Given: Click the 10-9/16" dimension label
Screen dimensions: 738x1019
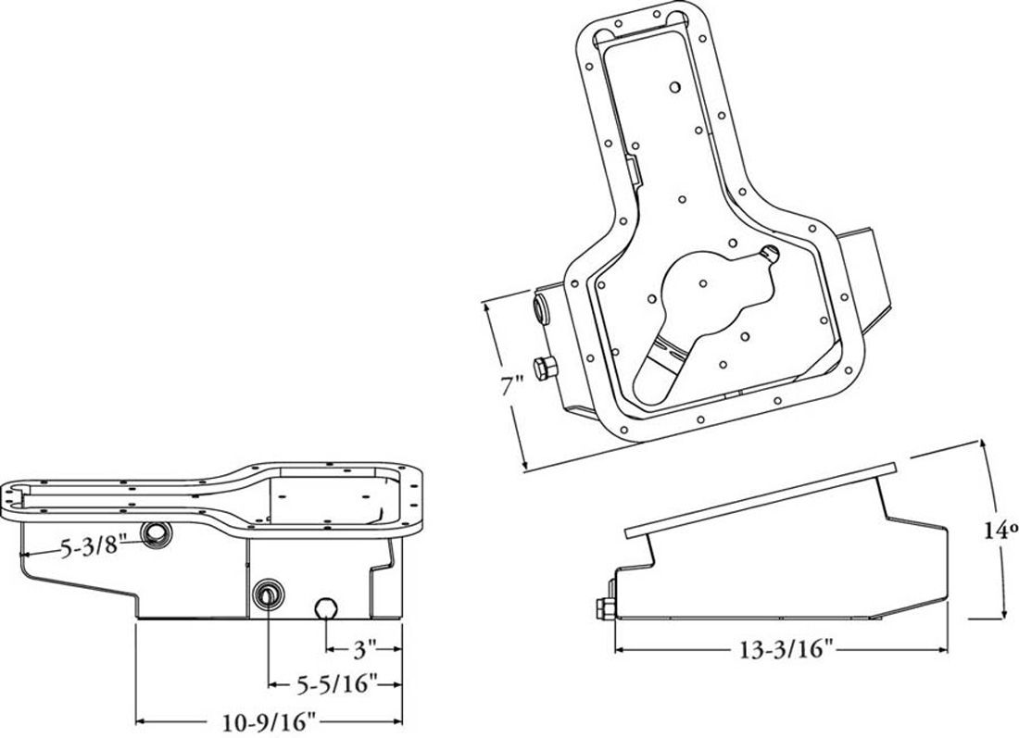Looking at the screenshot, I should [x=270, y=721].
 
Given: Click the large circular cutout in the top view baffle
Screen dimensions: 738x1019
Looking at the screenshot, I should [x=708, y=288].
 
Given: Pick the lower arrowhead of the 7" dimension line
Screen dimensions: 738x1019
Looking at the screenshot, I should [x=524, y=465].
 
